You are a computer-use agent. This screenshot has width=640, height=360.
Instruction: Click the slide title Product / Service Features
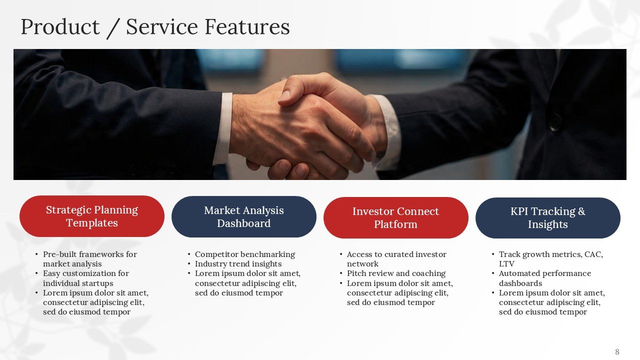155,27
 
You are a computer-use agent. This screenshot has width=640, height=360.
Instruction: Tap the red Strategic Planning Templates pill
92,216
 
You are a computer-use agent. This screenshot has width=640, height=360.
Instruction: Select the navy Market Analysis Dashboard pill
244,217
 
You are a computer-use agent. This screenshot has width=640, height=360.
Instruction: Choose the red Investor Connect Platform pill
395,217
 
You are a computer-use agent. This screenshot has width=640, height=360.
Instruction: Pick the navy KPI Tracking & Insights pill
547,218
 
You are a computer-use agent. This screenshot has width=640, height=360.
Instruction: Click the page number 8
617,351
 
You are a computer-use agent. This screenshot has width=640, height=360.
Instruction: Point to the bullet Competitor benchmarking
244,254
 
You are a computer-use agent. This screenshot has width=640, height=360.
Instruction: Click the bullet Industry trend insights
238,264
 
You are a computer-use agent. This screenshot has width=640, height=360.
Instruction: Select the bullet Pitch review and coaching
396,273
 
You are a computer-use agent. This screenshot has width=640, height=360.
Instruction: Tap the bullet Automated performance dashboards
544,278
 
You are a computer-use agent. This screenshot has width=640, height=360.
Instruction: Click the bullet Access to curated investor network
396,259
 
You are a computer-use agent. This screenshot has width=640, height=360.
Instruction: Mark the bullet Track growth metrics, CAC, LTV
550,259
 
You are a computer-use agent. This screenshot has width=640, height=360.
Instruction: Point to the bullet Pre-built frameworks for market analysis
89,259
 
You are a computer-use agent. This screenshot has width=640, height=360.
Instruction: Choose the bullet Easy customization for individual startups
85,278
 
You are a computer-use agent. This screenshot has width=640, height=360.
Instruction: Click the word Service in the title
161,27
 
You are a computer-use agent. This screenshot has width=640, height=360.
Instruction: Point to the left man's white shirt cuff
223,128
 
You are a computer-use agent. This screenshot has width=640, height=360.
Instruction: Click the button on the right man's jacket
553,121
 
